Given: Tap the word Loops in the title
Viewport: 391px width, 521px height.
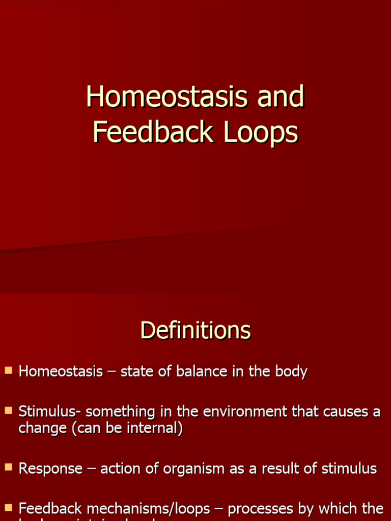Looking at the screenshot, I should (x=260, y=133).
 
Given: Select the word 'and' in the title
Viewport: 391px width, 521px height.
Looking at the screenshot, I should (x=281, y=97).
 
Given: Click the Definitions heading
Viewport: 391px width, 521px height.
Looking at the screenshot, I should (x=195, y=331).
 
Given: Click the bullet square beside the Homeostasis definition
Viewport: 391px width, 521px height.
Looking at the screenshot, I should (x=8, y=370).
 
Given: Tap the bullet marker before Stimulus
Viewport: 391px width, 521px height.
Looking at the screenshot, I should (x=8, y=410).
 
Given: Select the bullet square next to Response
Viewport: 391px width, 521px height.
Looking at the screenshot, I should (x=8, y=467).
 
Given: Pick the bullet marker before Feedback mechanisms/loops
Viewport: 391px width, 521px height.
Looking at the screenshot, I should (x=8, y=507).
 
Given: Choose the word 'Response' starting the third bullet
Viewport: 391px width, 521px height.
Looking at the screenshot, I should (x=50, y=469).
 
